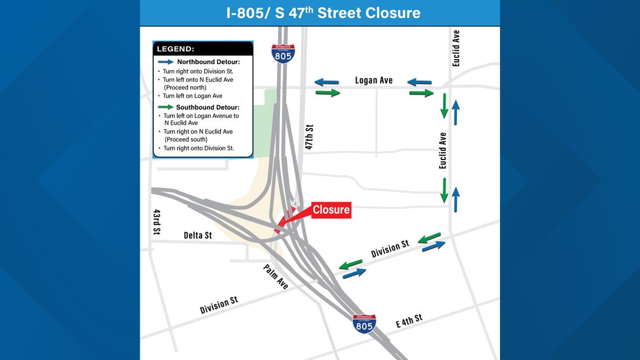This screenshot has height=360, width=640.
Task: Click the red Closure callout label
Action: tap(331, 210)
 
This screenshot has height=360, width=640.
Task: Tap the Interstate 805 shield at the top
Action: tap(283, 53)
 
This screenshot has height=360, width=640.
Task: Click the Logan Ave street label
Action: tap(374, 80)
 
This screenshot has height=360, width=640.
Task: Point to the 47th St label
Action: tap(309, 137)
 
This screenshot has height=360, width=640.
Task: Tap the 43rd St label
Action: tap(157, 222)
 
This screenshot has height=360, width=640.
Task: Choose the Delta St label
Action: tap(198, 235)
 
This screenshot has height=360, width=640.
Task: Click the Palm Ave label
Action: tap(276, 277)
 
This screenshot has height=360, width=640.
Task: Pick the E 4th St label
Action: tap(409, 321)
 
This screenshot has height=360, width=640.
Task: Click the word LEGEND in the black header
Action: tap(175, 49)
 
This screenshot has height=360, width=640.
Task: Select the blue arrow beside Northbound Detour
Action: tap(166, 61)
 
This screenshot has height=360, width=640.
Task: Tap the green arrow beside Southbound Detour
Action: tap(166, 107)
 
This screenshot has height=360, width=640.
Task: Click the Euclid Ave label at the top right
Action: tap(456, 48)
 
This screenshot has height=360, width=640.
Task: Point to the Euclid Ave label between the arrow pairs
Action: tap(443, 151)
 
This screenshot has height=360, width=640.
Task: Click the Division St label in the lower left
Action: tap(219, 305)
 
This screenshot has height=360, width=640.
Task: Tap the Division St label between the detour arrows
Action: tap(390, 249)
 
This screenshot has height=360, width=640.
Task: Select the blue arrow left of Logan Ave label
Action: tap(326, 83)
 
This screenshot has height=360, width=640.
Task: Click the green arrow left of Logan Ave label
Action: tap(328, 93)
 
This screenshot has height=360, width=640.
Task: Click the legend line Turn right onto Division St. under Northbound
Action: tap(198, 71)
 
